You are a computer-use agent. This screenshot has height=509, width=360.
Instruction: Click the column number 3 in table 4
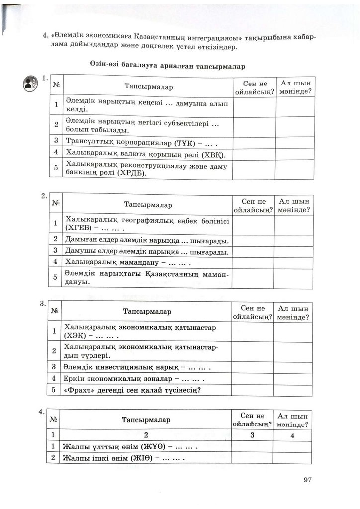[x=252, y=435]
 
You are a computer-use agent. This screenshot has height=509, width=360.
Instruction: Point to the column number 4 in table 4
[x=293, y=436]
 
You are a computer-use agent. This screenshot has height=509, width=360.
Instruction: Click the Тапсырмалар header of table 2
[x=148, y=205]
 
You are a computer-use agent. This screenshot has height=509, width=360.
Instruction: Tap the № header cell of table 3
[x=54, y=312]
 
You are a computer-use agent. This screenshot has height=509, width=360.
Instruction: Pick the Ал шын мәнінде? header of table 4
[x=293, y=420]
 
